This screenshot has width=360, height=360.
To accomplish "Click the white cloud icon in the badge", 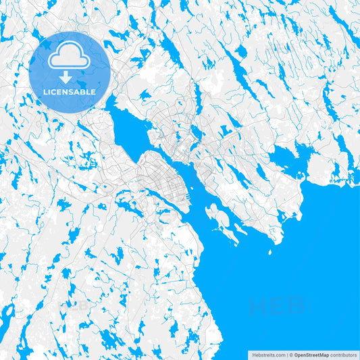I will [69, 57].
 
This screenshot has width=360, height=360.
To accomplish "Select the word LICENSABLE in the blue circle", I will [69, 92].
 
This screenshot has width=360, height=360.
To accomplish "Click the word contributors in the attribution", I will [343, 354].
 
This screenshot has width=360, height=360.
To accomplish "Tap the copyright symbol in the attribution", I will [290, 354].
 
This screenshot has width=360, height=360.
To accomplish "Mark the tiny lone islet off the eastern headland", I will [269, 253].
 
